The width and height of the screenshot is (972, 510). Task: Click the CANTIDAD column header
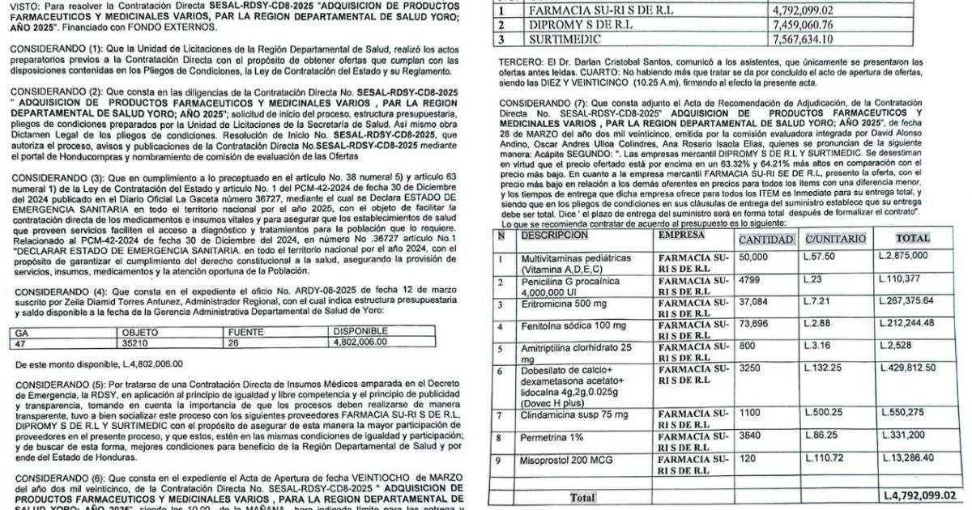coord(765,239)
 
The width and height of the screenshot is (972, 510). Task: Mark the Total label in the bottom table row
coord(582,496)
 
